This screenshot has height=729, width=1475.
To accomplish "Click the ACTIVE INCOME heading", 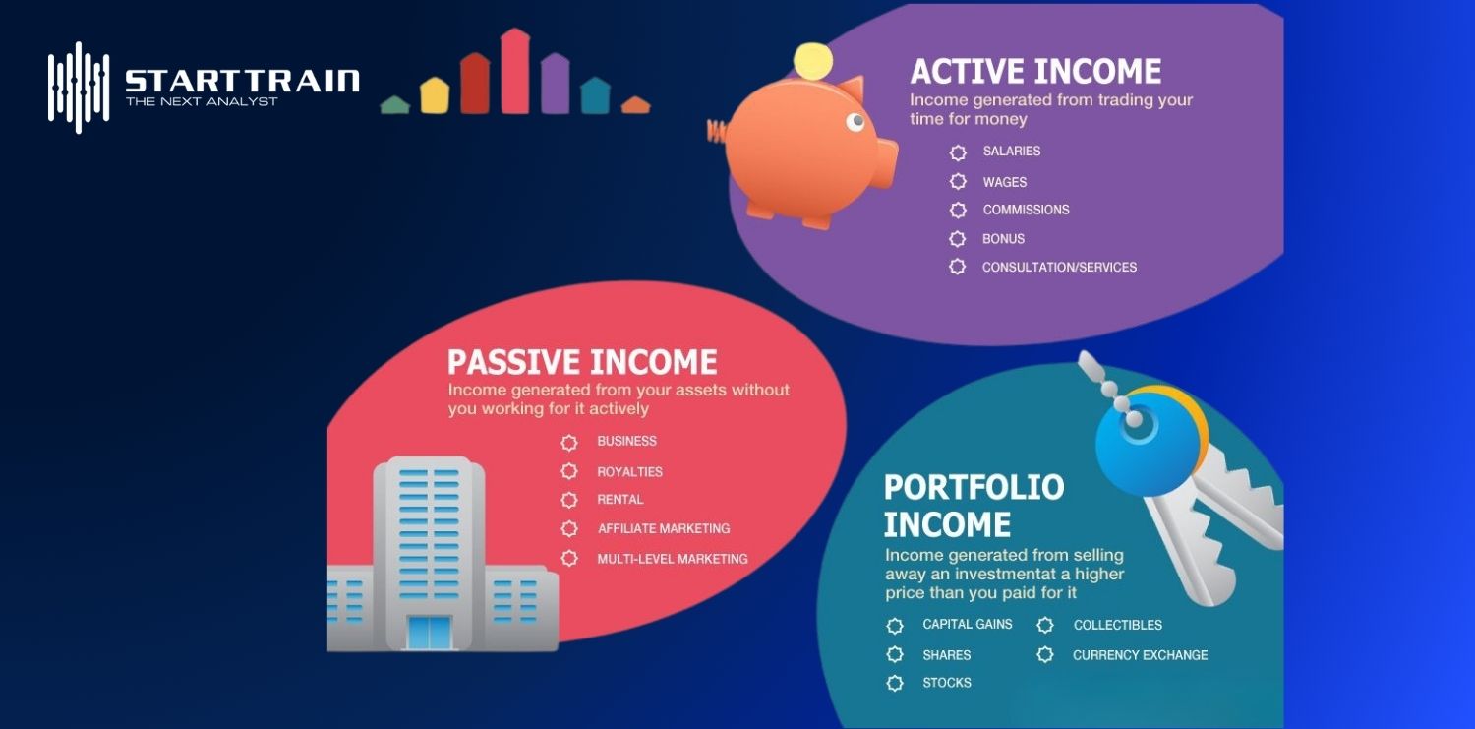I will (1035, 72).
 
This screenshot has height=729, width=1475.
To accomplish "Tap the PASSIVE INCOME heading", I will (582, 362).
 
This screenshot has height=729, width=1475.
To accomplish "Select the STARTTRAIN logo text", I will (242, 80).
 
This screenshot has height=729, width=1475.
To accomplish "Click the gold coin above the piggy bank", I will (813, 62).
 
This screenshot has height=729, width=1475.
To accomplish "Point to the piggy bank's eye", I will (855, 122).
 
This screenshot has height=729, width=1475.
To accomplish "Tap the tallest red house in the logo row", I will (515, 71).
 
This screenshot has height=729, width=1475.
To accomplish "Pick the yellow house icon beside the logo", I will (435, 95).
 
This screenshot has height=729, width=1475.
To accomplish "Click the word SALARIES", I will (1011, 152).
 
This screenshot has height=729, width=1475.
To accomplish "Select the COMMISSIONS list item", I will (1026, 210).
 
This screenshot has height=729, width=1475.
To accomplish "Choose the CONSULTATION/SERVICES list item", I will (1059, 268).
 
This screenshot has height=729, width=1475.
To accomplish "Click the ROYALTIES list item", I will (629, 472).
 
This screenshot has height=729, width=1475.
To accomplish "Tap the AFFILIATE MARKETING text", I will (664, 529).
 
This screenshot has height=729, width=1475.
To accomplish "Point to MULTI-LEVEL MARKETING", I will (673, 559).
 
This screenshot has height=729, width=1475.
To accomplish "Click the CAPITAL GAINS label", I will (967, 625).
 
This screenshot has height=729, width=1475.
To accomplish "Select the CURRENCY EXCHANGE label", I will (1140, 655).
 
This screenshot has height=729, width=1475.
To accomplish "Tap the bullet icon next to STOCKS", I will (895, 683).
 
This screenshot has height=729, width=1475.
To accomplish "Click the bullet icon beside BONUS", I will (958, 239).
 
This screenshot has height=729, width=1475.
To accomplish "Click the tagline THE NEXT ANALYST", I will (202, 101).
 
